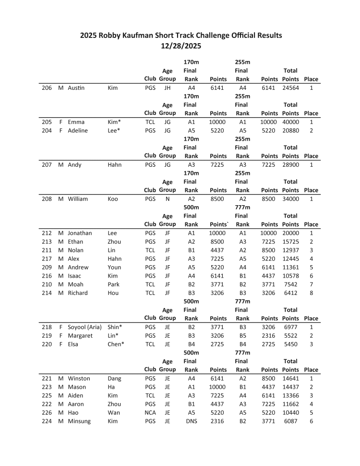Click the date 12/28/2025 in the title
[180, 46]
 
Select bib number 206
[47, 88]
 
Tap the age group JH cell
[168, 88]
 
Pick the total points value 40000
[290, 122]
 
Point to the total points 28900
[290, 165]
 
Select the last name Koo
[113, 199]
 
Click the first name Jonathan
[80, 233]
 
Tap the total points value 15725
[290, 242]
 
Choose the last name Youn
[115, 267]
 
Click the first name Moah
[75, 284]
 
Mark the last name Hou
[113, 293]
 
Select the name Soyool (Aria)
[84, 327]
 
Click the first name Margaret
[80, 336]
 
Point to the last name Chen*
[116, 344]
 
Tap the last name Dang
[115, 379]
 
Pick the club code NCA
[150, 413]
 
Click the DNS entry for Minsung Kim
[192, 421]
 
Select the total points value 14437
[290, 387]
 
